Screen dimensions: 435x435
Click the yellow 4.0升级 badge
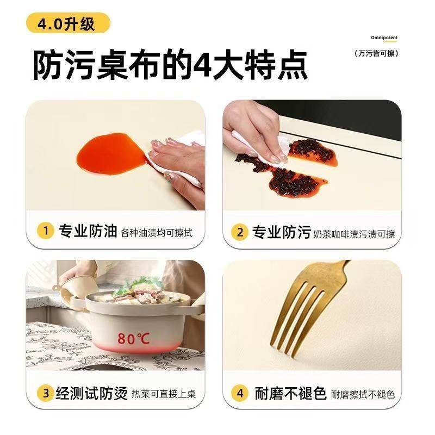pos(67,24)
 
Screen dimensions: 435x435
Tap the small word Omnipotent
pos(384,38)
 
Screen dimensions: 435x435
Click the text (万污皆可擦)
pos(377,53)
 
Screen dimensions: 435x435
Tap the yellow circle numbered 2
pos(240,233)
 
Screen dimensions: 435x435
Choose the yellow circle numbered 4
pos(240,393)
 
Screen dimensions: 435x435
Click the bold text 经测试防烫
pos(93,393)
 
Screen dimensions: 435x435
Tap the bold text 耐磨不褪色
pos(290,393)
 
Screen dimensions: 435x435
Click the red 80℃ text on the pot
pos(133,339)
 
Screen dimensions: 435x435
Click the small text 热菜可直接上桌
pos(164,394)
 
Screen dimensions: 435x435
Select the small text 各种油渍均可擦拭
pos(157,233)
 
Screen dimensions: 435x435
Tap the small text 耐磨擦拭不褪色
pos(363,394)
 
